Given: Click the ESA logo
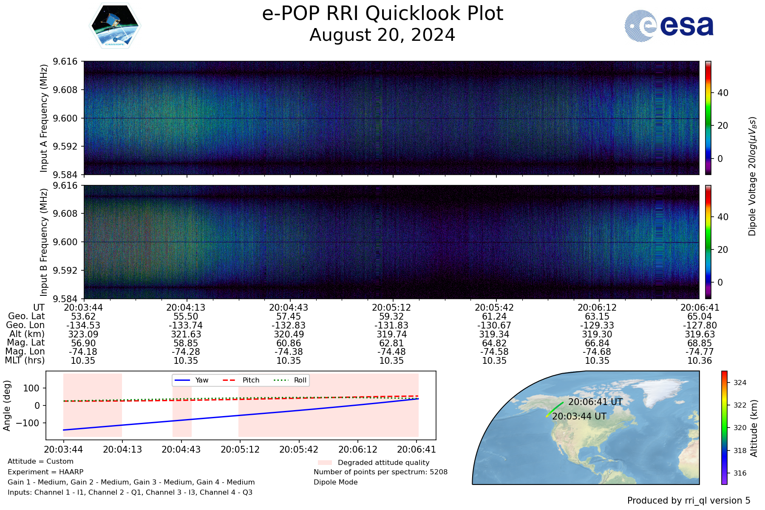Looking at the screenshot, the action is coord(669,26).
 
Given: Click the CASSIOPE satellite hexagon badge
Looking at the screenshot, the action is coord(115,26).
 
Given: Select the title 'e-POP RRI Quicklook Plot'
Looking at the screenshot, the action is coord(382,13).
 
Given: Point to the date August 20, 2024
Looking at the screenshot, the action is coord(382,35).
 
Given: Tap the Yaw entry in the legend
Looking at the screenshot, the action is coord(191,380).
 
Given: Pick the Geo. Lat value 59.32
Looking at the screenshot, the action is coord(391,317).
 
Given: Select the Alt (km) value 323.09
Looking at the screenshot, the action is coord(83,334).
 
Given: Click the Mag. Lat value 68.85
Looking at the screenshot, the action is coord(700,343).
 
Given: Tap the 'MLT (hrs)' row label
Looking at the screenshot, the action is coord(25,361).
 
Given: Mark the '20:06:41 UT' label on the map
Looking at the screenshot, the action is coord(595,402).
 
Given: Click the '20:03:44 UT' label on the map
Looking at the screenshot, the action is coord(579,416).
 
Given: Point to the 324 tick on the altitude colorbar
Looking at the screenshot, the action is coord(740,382).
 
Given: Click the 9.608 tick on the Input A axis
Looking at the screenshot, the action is coord(65,90).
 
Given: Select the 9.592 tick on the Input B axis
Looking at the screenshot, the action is coord(65,270).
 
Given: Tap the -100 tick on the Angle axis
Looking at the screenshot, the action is coord(28,423).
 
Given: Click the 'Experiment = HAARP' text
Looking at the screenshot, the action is coord(45,472).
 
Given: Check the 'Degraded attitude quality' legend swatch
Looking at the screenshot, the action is coord(325,462).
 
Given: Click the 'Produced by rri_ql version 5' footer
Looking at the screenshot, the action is coord(689,501).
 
